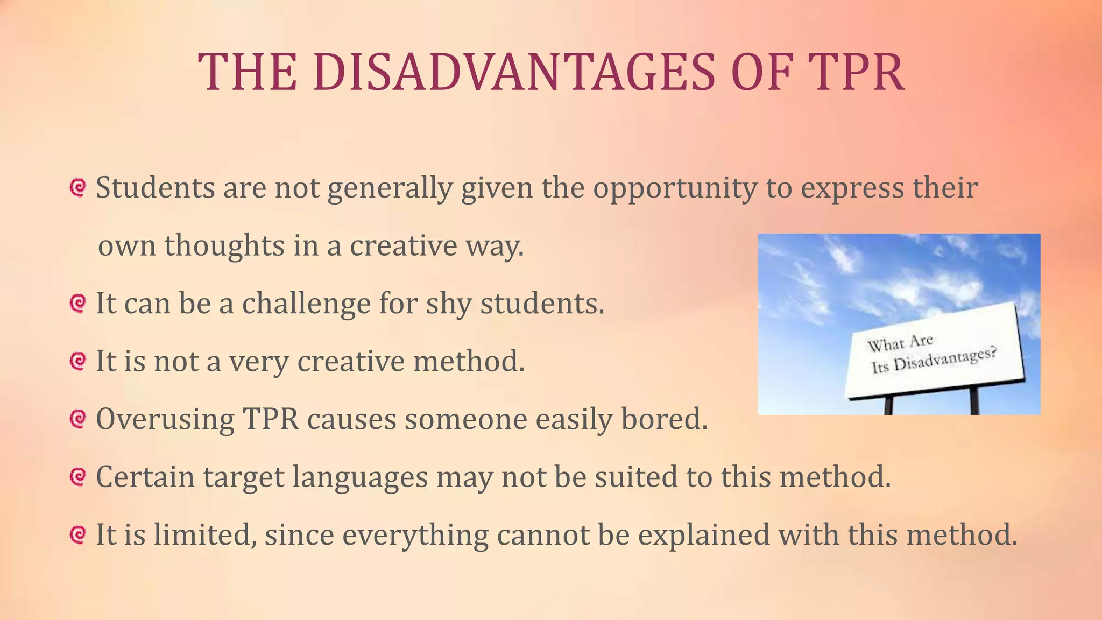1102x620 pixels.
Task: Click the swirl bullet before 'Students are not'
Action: [78, 188]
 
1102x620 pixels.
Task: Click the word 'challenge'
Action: [306, 304]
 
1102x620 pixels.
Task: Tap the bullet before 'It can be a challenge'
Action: [78, 304]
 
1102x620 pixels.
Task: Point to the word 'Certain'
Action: [145, 477]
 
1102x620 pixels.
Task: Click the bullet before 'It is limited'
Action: [78, 535]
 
